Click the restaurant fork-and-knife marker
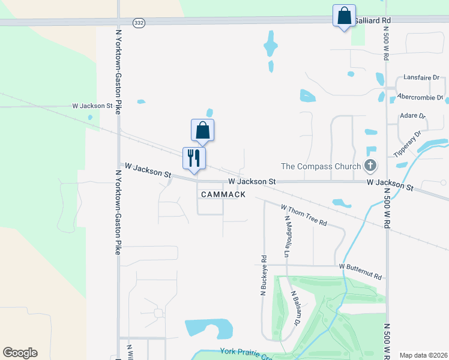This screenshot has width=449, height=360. pyautogui.click(x=194, y=158)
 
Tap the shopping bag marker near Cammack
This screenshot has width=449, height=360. pyautogui.click(x=202, y=130)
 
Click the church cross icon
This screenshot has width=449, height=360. pyautogui.click(x=371, y=166)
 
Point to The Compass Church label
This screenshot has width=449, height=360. pyautogui.click(x=322, y=166)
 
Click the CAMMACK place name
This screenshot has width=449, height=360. pyautogui.click(x=223, y=194)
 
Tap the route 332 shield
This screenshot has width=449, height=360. pyautogui.click(x=139, y=22)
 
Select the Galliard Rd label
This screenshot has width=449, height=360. pyautogui.click(x=373, y=20)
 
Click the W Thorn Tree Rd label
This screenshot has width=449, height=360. pyautogui.click(x=304, y=215)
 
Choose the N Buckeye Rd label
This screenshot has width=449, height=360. pyautogui.click(x=264, y=276)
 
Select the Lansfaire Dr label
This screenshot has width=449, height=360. pyautogui.click(x=421, y=78)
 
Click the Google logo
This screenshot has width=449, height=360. pyautogui.click(x=20, y=353)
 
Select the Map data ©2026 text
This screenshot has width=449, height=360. pyautogui.click(x=423, y=355)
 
